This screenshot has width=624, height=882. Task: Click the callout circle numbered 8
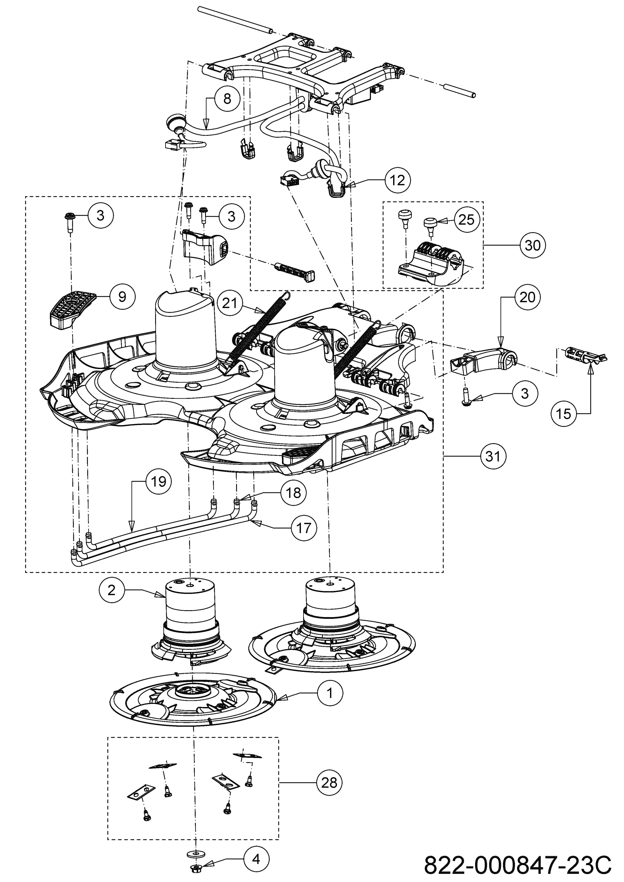(x=227, y=99)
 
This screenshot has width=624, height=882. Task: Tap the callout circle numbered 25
(x=467, y=219)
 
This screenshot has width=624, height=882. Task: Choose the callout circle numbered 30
(x=533, y=245)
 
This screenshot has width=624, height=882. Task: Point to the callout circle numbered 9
(x=122, y=297)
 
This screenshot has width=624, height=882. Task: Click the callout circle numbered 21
(x=230, y=303)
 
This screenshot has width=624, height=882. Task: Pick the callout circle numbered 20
(x=528, y=297)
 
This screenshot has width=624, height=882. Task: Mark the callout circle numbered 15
(x=564, y=414)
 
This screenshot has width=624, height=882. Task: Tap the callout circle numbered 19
(x=158, y=481)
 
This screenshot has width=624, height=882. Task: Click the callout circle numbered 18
(x=294, y=493)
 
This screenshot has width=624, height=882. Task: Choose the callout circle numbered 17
(x=304, y=528)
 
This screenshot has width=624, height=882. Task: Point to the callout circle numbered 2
(x=112, y=590)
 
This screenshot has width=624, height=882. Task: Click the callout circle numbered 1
(x=330, y=693)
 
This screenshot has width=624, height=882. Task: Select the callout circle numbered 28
(x=329, y=783)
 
